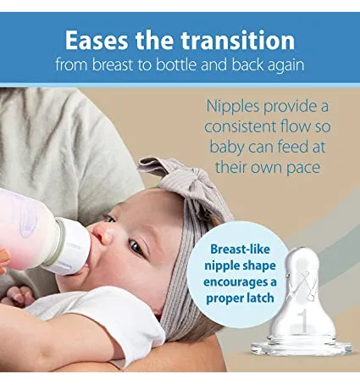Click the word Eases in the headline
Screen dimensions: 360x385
(x=97, y=40)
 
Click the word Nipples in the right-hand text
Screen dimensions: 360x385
(x=233, y=107)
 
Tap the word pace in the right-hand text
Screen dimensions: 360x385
(x=303, y=169)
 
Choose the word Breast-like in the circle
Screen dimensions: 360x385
(x=240, y=249)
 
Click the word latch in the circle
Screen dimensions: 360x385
(x=260, y=298)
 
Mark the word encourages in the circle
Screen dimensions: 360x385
(x=240, y=282)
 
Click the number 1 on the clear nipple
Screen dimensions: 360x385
(x=303, y=321)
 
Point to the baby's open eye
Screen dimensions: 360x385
(x=136, y=247)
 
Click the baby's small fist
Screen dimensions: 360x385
(x=20, y=297)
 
